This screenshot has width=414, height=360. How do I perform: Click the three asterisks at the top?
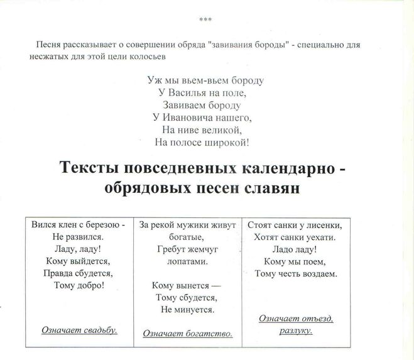tap(205, 20)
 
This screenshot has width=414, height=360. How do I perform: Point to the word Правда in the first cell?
tap(58, 273)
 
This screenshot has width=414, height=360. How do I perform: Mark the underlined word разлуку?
tap(296, 330)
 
